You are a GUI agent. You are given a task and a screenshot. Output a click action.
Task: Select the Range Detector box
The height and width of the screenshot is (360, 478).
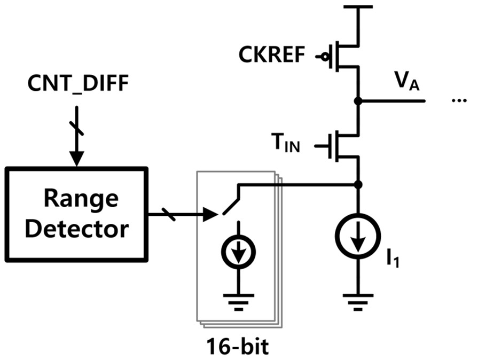pos(76,214)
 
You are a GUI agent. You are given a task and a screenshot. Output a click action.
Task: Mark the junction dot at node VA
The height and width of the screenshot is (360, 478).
pos(358,100)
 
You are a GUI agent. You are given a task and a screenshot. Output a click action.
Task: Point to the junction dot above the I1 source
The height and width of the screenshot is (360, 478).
pos(358,185)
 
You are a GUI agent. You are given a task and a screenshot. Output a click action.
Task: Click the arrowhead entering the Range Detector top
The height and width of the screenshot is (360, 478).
pos(76,159)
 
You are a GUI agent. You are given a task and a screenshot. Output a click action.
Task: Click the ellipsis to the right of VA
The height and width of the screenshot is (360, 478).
pos(459,101)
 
